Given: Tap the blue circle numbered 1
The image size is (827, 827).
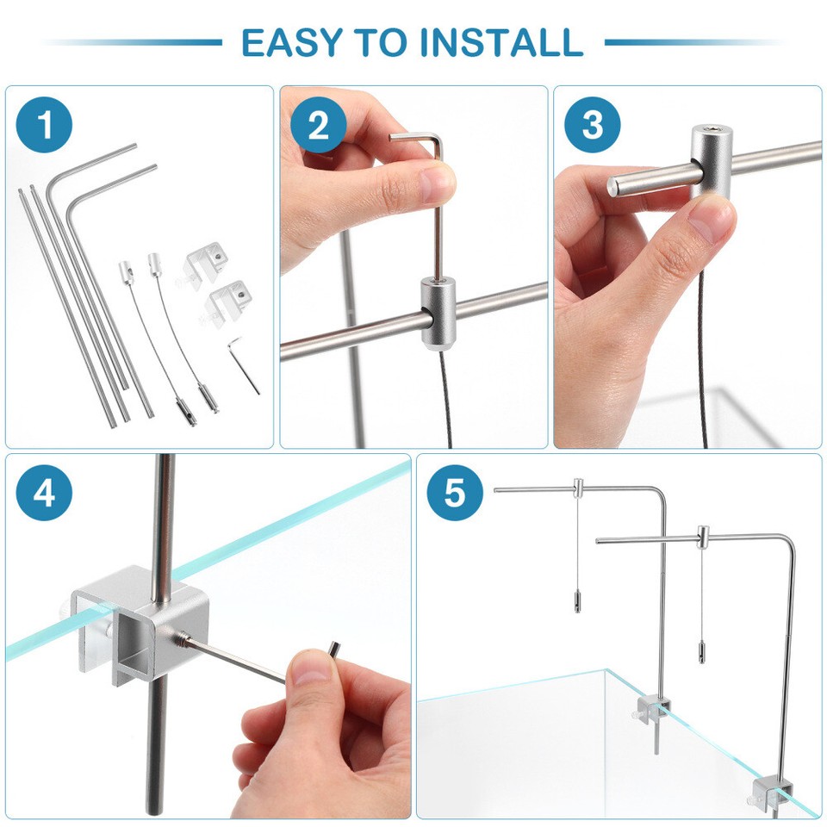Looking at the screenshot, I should point(44,125).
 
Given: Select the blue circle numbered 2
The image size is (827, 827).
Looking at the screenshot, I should point(318,125).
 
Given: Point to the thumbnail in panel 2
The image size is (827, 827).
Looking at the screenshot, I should point(435,182).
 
